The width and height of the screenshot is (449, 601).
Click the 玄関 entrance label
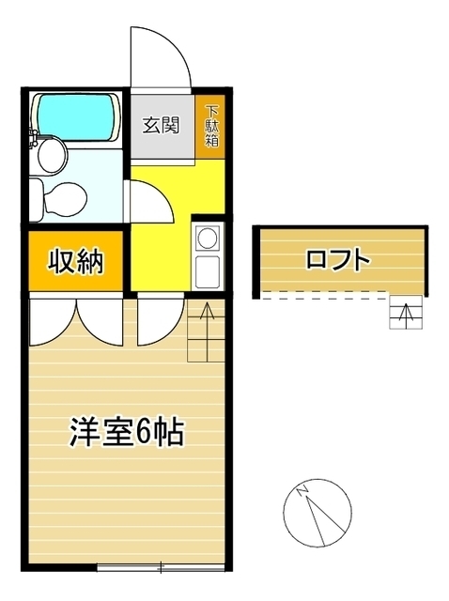pyautogui.click(x=162, y=124)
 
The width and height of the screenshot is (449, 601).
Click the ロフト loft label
pyautogui.click(x=337, y=260)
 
